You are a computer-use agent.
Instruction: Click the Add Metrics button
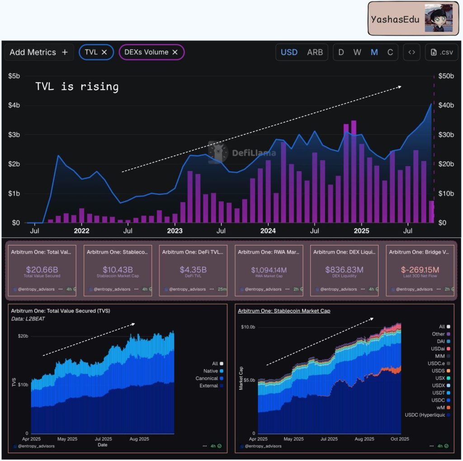pos(38,52)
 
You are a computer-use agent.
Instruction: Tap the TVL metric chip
pos(96,52)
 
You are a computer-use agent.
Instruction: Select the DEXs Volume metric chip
pos(151,52)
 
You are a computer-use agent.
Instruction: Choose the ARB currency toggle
pos(315,52)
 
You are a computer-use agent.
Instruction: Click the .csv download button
pos(442,52)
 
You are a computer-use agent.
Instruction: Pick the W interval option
pos(357,52)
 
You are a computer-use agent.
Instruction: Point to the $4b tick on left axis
pos(14,105)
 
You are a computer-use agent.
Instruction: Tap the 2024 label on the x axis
pos(268,231)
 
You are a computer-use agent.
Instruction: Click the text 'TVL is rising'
pos(77,86)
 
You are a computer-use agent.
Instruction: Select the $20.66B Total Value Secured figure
pos(42,269)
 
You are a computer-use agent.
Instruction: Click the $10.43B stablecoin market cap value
pos(118,269)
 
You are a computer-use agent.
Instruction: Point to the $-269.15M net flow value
pos(420,269)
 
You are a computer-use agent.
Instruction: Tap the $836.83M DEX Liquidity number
pos(344,269)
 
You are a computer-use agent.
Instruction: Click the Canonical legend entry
pos(207,378)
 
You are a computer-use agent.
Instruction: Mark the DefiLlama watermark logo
pos(218,152)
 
